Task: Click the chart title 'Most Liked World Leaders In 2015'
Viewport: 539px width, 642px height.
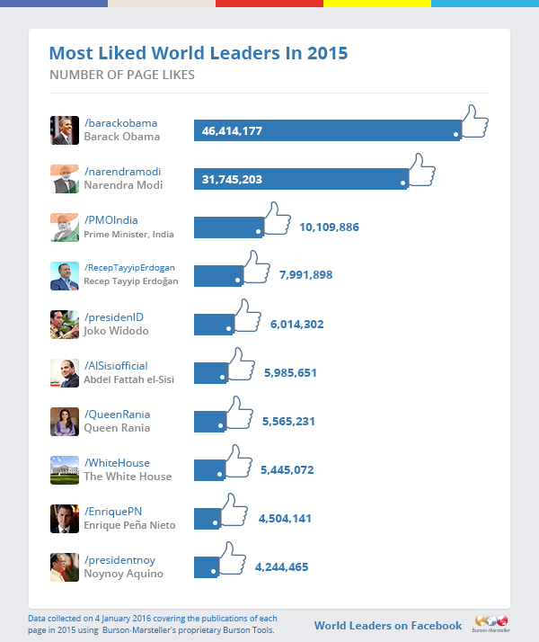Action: pos(198,53)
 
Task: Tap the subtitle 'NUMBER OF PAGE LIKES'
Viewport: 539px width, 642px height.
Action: pos(122,75)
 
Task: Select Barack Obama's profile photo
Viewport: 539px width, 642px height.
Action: pos(65,130)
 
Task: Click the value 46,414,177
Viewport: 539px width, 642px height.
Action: pos(232,131)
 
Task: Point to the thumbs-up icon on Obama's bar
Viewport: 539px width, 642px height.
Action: pos(472,122)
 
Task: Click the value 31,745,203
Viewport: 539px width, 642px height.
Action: pos(232,180)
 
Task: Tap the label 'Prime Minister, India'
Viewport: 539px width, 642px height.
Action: pos(128,234)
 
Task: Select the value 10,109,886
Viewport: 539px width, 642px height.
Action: pos(329,227)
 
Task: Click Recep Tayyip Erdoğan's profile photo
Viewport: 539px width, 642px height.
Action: pos(65,276)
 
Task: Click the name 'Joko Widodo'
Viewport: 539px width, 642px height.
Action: pos(115,331)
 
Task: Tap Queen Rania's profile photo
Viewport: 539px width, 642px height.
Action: pos(65,422)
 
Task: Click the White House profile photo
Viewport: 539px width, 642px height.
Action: pos(65,470)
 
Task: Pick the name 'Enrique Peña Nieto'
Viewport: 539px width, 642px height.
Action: pos(129,525)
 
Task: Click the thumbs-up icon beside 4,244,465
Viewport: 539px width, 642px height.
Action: pos(230,559)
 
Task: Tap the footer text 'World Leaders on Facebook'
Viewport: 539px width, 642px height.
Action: pos(387,626)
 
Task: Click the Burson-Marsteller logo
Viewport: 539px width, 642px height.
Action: pos(490,623)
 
